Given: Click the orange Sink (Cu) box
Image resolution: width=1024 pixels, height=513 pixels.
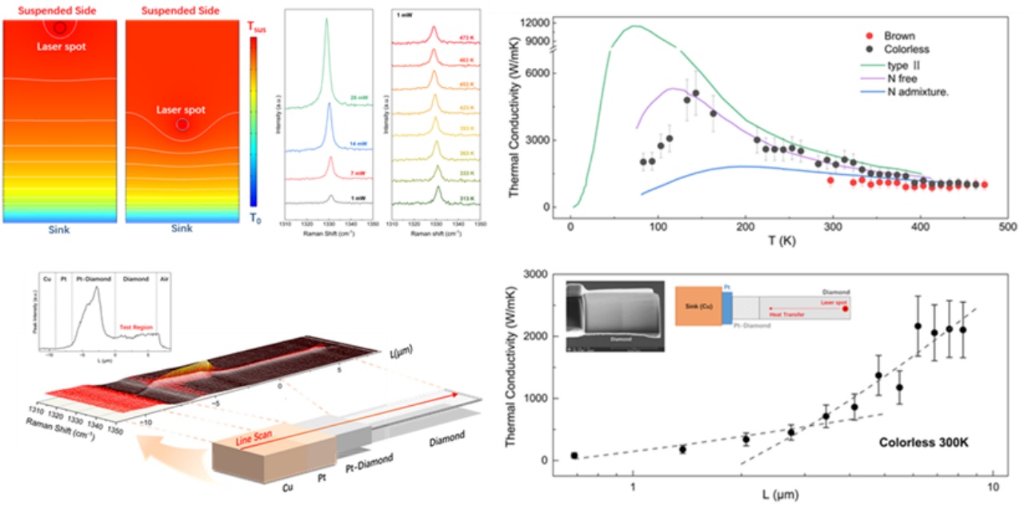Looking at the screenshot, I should point(698,305).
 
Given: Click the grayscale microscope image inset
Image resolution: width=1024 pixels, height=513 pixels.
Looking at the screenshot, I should point(614,317).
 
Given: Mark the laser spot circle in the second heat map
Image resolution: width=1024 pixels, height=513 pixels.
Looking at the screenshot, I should point(182,125).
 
